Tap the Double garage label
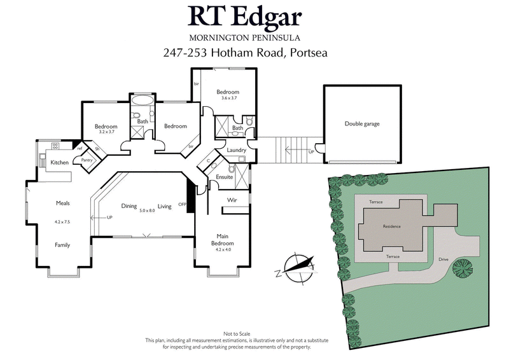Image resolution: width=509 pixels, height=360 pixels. [362, 124]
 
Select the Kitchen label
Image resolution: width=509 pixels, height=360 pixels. [59, 163]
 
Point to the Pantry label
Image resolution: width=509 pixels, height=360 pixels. [87, 160]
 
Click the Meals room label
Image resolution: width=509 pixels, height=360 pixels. [62, 204]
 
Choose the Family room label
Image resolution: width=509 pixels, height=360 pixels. [62, 245]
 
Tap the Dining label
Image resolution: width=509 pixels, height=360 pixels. [129, 206]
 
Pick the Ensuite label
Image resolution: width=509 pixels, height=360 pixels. [225, 177]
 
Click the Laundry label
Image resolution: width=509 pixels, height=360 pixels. [227, 150]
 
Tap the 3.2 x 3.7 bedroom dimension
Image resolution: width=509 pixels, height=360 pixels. [106, 132]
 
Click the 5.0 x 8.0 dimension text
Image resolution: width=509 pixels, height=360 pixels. [148, 211]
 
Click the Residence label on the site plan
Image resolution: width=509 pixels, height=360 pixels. [391, 226]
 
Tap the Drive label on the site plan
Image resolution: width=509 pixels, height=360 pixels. [443, 260]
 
